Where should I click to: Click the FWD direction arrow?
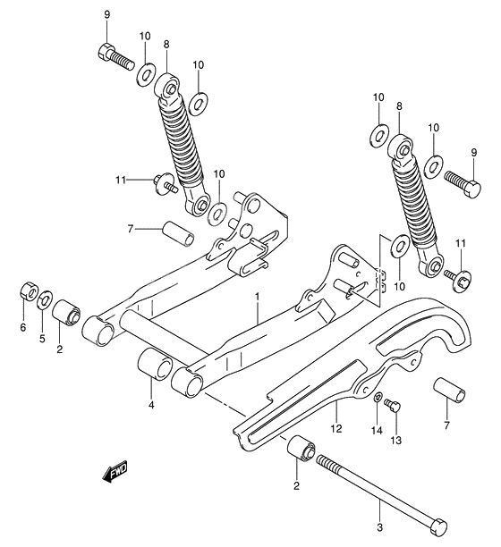tap(115, 470)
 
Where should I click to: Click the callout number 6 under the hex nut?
tap(24, 328)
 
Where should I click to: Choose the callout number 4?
tap(151, 406)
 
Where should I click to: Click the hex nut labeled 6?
tap(27, 292)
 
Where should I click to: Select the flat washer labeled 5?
tap(45, 298)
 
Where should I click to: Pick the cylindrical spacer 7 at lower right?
tap(447, 393)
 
